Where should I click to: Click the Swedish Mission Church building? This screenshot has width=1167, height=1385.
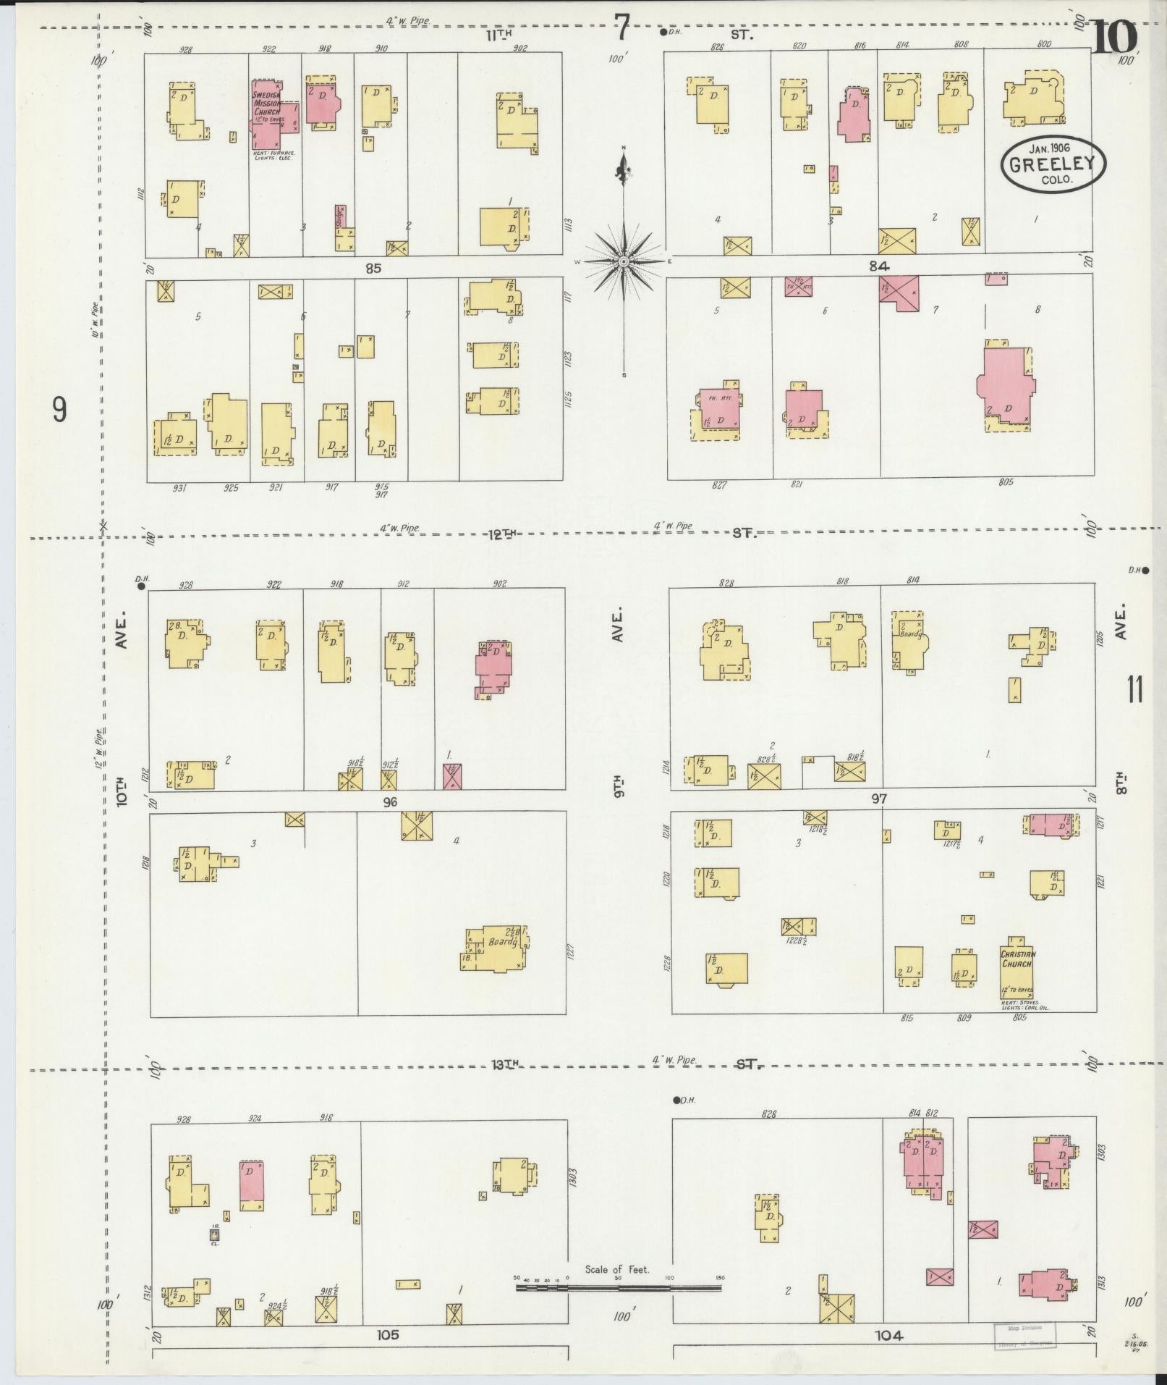coord(266,114)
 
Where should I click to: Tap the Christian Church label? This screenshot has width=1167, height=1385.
coord(1018,959)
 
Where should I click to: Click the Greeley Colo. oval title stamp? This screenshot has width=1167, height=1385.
coord(1053,164)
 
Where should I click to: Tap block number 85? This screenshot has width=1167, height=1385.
coord(373,268)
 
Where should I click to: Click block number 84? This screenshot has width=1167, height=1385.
coord(878,266)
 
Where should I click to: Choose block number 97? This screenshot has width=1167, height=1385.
coord(878,799)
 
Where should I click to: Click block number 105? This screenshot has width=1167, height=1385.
coord(388,1334)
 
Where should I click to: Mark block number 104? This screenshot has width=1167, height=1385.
coord(888,1336)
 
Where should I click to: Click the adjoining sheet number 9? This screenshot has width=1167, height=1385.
coord(59,410)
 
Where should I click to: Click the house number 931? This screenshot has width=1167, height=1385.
coord(179,488)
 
